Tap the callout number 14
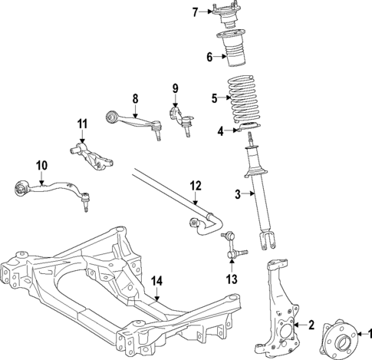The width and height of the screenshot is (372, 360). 156,281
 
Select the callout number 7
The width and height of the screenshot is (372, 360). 195,11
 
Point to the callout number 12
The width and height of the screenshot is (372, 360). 196,185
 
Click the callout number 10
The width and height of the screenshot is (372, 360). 41,164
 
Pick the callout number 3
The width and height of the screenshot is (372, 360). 239,193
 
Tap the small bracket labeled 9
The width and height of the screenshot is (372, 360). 180,119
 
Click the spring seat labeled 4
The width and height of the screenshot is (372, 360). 249,127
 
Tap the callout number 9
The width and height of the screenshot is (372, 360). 175,88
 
